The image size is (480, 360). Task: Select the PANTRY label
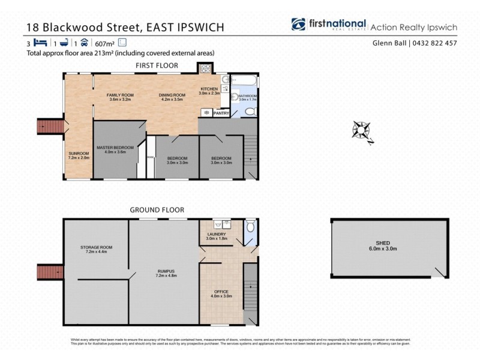click(x=221, y=112)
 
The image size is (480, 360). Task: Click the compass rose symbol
click(x=363, y=130)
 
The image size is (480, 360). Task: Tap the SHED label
click(x=391, y=243)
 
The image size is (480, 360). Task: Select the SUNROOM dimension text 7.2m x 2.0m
click(x=79, y=158)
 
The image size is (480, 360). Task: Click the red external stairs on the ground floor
click(x=50, y=272)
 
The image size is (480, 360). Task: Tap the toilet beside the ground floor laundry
click(x=250, y=226)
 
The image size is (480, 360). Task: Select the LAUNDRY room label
click(x=216, y=234)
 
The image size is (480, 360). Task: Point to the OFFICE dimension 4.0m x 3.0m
click(x=221, y=296)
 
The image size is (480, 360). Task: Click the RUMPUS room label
click(x=164, y=271)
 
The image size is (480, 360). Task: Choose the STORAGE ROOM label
click(x=97, y=247)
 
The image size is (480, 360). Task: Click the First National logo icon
click(x=298, y=24)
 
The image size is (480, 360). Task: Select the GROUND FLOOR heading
click(x=157, y=209)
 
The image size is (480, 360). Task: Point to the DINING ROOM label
click(x=171, y=95)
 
